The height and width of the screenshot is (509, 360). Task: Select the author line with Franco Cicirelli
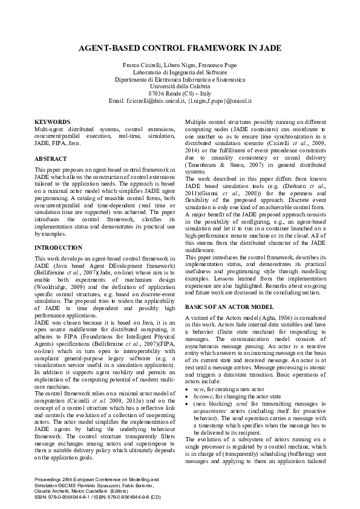pos(180,64)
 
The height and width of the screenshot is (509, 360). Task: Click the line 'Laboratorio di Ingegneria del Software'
pos(180,71)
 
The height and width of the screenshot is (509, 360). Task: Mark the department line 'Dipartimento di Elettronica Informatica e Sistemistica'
pos(180,79)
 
